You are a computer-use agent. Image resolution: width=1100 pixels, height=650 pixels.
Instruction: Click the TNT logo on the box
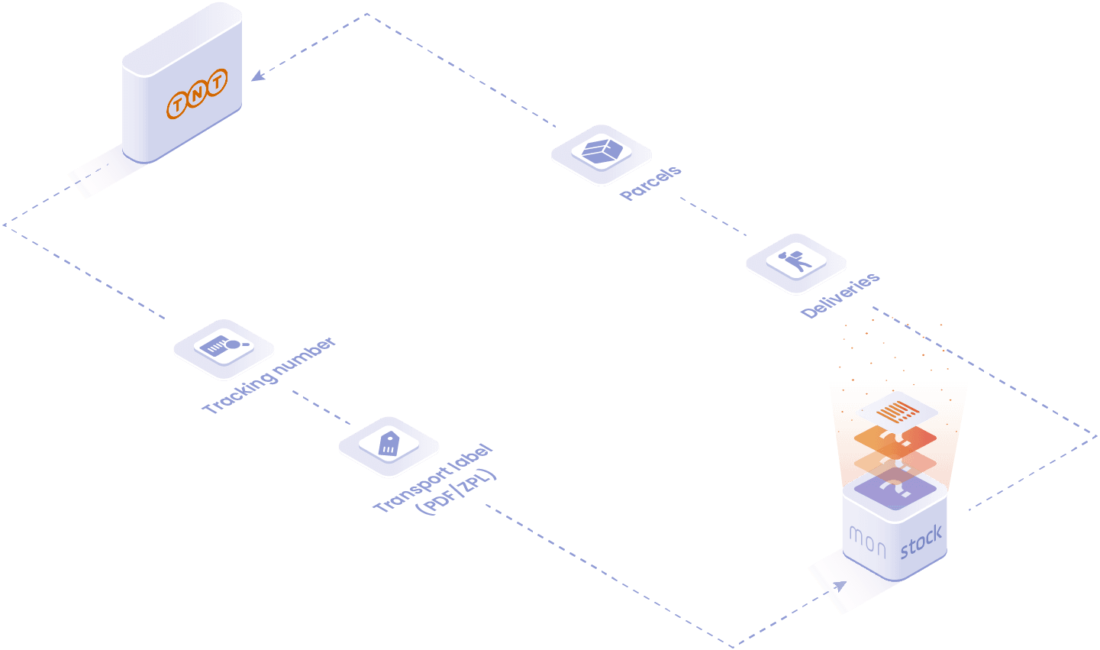(x=197, y=94)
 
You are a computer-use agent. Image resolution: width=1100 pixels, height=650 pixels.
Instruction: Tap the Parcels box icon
(x=602, y=150)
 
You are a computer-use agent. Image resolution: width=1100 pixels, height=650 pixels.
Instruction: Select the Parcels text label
(x=650, y=183)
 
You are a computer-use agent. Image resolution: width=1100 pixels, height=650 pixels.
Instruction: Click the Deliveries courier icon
(x=796, y=261)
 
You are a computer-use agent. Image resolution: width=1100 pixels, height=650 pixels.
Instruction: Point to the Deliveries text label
(x=840, y=295)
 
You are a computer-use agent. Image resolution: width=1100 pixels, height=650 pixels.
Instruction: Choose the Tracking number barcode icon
(x=224, y=346)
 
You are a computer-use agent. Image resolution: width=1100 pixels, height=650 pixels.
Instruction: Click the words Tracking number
(x=269, y=375)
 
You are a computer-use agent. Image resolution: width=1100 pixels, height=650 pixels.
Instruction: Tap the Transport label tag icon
(x=389, y=444)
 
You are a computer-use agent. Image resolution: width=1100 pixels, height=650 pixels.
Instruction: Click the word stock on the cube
(x=921, y=541)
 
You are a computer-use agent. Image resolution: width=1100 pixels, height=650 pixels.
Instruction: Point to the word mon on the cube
(x=868, y=542)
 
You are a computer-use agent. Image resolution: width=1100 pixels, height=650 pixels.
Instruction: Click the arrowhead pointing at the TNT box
(x=258, y=76)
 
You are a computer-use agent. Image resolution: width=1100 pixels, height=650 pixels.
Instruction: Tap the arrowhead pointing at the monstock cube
(x=840, y=586)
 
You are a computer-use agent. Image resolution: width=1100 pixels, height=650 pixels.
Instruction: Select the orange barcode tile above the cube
(x=897, y=411)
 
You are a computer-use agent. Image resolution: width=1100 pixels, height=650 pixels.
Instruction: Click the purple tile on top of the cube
(x=895, y=488)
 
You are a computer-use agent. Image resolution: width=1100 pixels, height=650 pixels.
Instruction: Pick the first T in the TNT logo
(x=177, y=105)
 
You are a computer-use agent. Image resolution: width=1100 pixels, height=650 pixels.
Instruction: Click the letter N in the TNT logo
(x=197, y=93)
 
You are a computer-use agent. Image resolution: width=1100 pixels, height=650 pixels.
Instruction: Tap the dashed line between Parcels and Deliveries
(x=713, y=216)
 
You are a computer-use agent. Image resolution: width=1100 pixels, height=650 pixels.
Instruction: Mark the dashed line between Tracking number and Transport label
(x=321, y=407)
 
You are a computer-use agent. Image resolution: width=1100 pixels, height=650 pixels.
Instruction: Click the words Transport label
(x=433, y=477)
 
